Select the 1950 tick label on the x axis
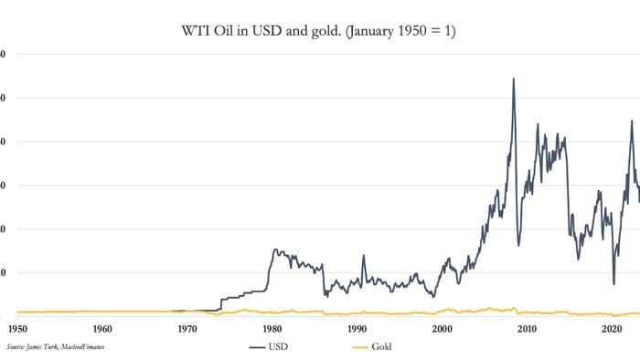(17, 329)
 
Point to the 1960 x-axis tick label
(102, 329)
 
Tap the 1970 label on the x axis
(187, 329)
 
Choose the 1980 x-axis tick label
(272, 329)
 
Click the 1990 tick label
(357, 329)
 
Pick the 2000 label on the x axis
(443, 329)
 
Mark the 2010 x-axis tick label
(528, 329)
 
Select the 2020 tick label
(612, 329)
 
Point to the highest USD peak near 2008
(513, 79)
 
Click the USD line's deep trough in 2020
(613, 284)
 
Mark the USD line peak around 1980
(275, 249)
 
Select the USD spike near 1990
(363, 256)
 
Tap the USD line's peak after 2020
(631, 121)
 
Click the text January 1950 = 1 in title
(404, 32)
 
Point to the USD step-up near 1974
(220, 302)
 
